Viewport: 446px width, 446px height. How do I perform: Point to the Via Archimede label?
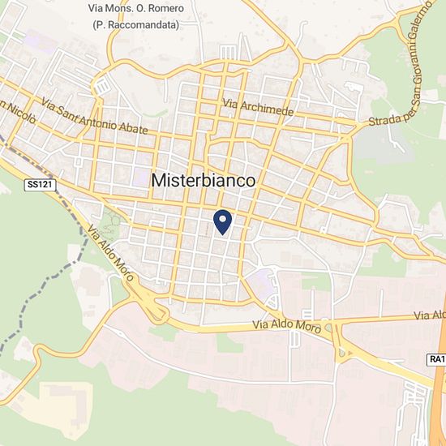[x=257, y=106]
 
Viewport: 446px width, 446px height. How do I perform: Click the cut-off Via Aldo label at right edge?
[x=430, y=315]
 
